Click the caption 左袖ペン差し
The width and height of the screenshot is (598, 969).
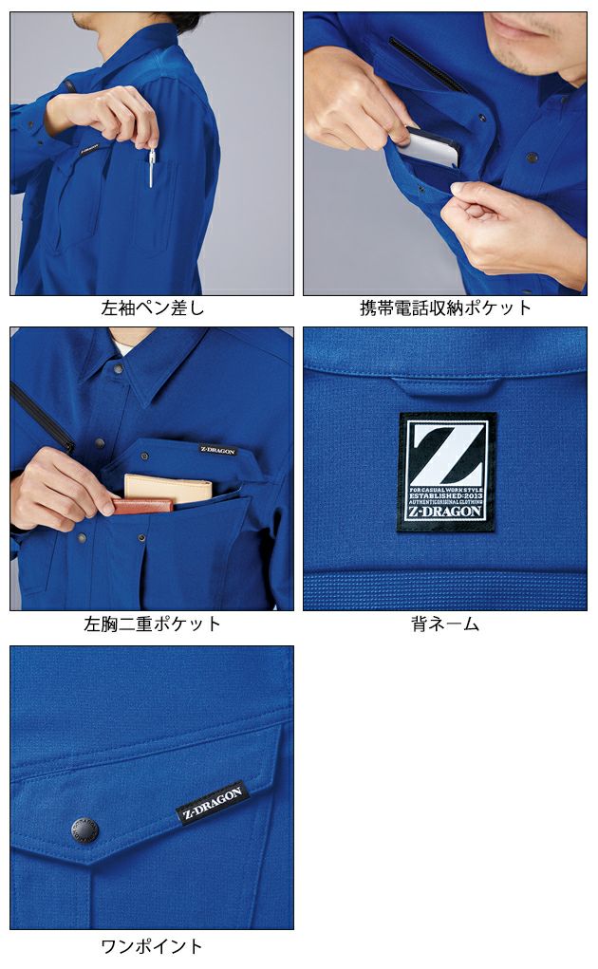click(x=152, y=308)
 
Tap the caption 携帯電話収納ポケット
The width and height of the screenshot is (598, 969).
click(x=445, y=308)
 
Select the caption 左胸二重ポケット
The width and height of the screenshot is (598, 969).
click(x=152, y=624)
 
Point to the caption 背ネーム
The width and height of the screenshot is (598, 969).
click(x=445, y=624)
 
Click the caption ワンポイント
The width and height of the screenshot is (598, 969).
click(x=152, y=946)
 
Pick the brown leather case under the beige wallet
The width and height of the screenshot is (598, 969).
click(x=142, y=505)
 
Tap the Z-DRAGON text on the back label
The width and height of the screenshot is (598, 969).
click(x=445, y=511)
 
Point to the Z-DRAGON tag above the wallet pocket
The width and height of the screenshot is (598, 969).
click(x=217, y=450)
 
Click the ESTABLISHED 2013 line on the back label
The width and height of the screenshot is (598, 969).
click(x=445, y=494)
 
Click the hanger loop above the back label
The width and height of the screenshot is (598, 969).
click(x=445, y=387)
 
